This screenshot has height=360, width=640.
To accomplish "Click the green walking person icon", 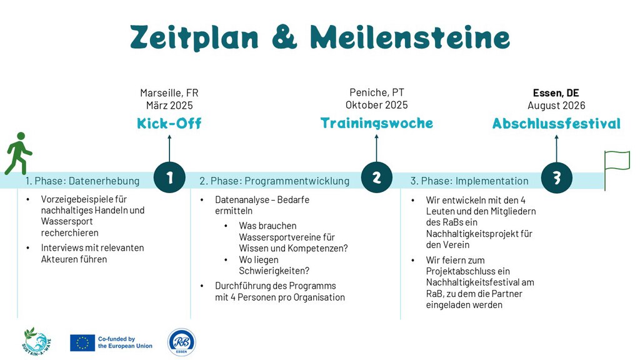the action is coord(18,154).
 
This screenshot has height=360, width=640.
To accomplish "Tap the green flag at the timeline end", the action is coord(617,170).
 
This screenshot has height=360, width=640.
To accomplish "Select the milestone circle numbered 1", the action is coord(169,177).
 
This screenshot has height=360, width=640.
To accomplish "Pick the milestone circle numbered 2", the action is coord(376,177).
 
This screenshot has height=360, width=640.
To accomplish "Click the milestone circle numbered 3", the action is coord(556,177).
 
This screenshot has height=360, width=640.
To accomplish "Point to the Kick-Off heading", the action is coord(169,123).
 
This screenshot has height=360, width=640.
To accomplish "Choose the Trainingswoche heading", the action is coord(376,123).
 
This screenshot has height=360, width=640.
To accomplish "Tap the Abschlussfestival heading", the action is coord(556,123).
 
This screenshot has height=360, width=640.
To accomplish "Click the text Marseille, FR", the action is coord(169,93).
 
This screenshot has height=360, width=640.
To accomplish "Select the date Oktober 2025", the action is coord(376,105).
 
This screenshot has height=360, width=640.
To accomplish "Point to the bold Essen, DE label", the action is coord(556,93).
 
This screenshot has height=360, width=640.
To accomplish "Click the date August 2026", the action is coord(556,106).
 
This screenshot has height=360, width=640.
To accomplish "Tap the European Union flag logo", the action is coord(82,343).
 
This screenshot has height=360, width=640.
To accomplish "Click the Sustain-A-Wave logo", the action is coord(36,342).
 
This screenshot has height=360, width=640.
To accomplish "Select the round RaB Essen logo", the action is coord(182,342).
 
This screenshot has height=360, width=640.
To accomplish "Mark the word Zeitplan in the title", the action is coord(194,37).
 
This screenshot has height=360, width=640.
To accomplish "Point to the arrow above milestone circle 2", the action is coord(376,148).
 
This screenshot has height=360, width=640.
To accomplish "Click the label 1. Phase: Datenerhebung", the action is coord(82,181).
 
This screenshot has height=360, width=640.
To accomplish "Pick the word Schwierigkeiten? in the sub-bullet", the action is coord(274,271).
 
